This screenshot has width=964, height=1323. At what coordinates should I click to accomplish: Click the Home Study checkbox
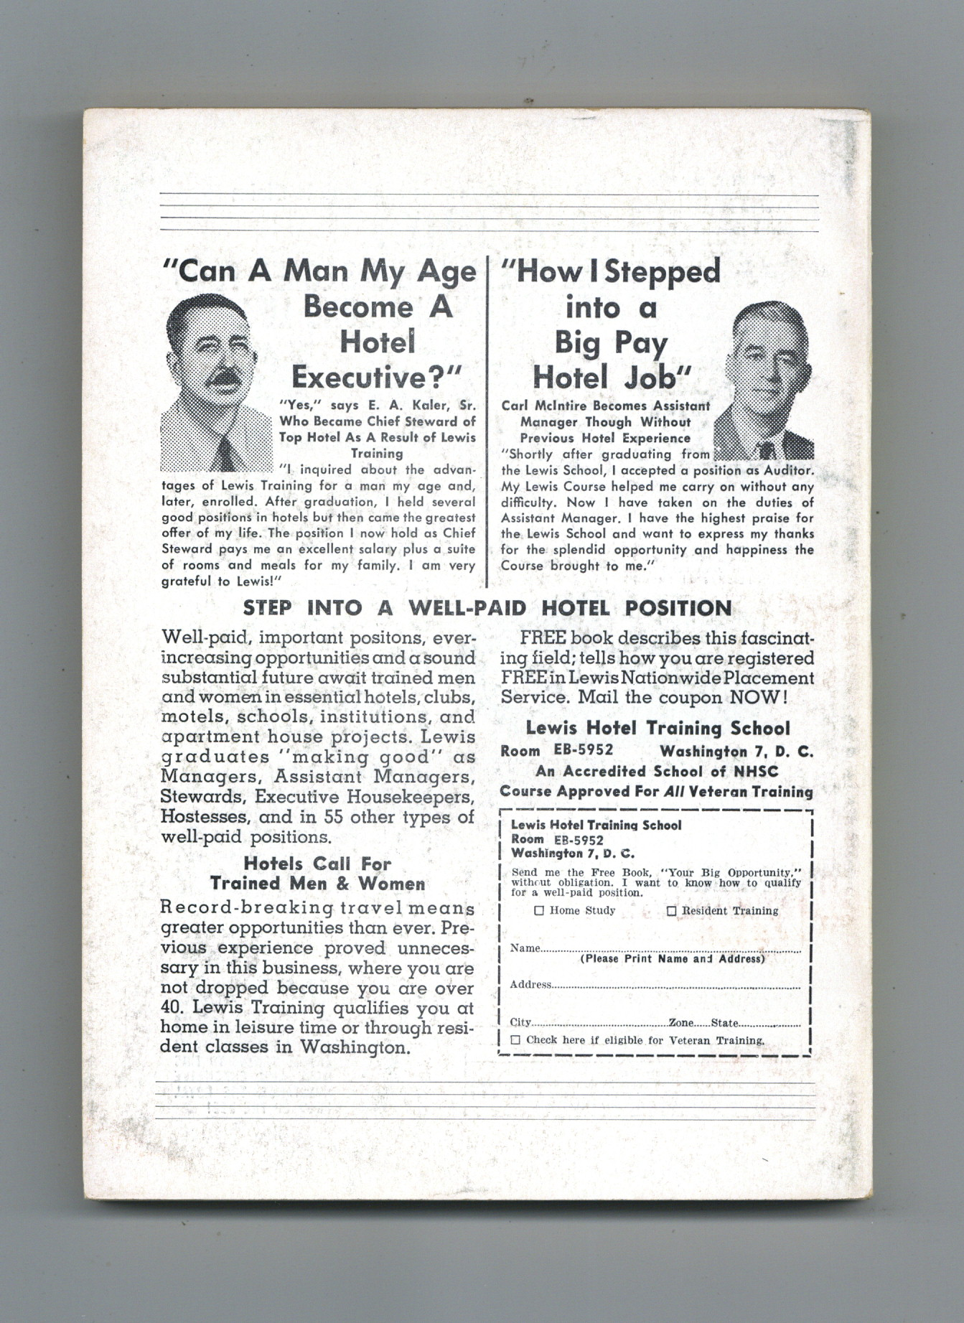[x=539, y=911]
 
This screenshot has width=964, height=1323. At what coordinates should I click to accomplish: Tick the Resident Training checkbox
[x=672, y=911]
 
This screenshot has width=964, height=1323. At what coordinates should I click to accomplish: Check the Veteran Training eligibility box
[x=515, y=1039]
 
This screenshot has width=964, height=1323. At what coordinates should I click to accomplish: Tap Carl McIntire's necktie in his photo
[x=767, y=450]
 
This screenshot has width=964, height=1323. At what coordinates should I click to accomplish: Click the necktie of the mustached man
[x=225, y=454]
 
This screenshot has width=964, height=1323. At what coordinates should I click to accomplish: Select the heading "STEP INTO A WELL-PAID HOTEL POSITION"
[x=487, y=608]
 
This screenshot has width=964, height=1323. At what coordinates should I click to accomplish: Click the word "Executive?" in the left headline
[x=376, y=377]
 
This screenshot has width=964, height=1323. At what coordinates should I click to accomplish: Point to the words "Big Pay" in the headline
[x=611, y=342]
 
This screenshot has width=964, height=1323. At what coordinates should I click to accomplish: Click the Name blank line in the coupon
[x=670, y=949]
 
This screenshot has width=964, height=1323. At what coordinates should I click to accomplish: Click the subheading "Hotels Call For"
[x=317, y=864]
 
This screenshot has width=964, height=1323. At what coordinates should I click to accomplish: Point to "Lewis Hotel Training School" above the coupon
[x=658, y=728]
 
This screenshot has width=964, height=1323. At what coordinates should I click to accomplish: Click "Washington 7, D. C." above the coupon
[x=736, y=752]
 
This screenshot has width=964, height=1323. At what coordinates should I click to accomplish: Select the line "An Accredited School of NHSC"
[x=657, y=772]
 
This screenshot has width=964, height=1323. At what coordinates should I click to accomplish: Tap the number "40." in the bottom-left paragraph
[x=172, y=1007]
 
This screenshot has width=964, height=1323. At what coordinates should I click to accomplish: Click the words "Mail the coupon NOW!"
[x=683, y=697]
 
